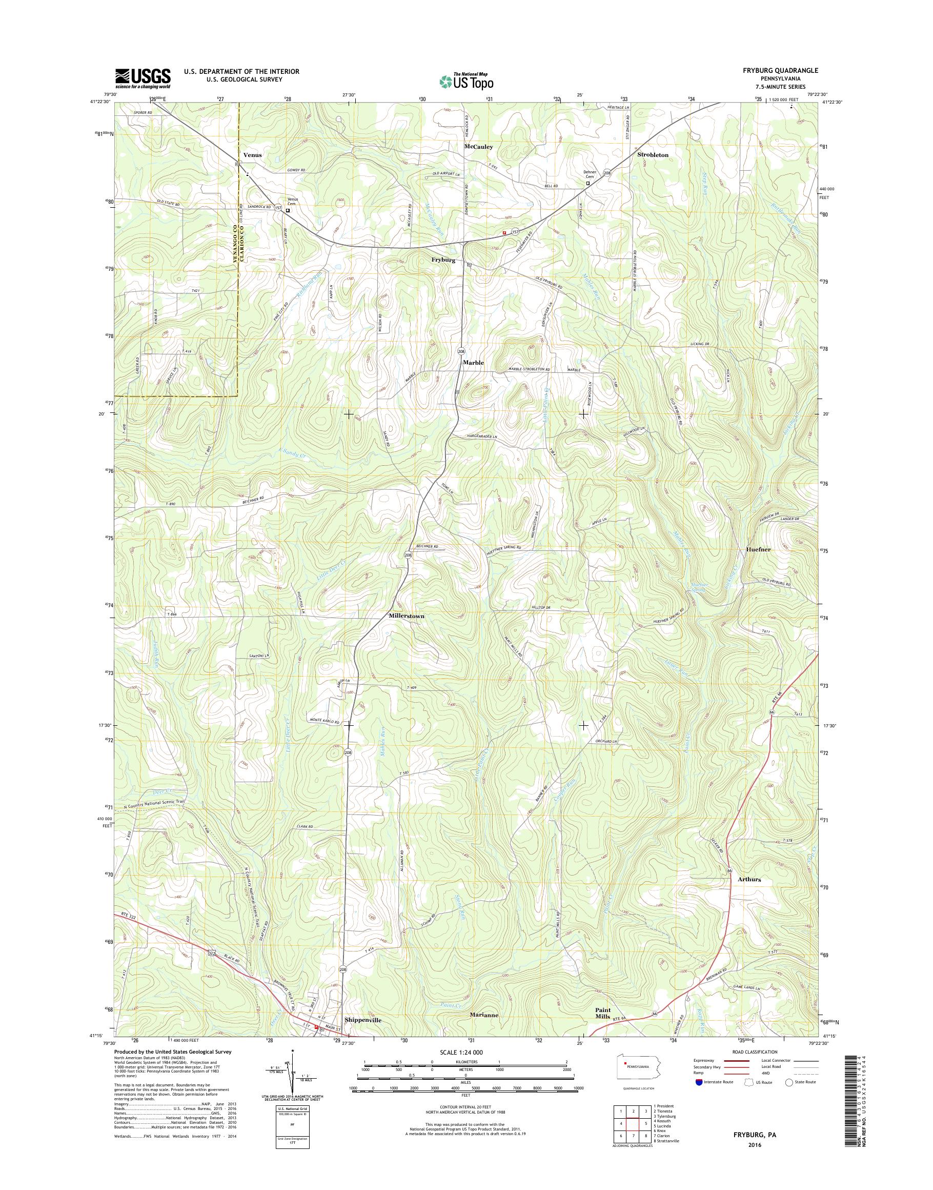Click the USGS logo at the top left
[143, 78]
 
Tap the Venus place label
[252, 155]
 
